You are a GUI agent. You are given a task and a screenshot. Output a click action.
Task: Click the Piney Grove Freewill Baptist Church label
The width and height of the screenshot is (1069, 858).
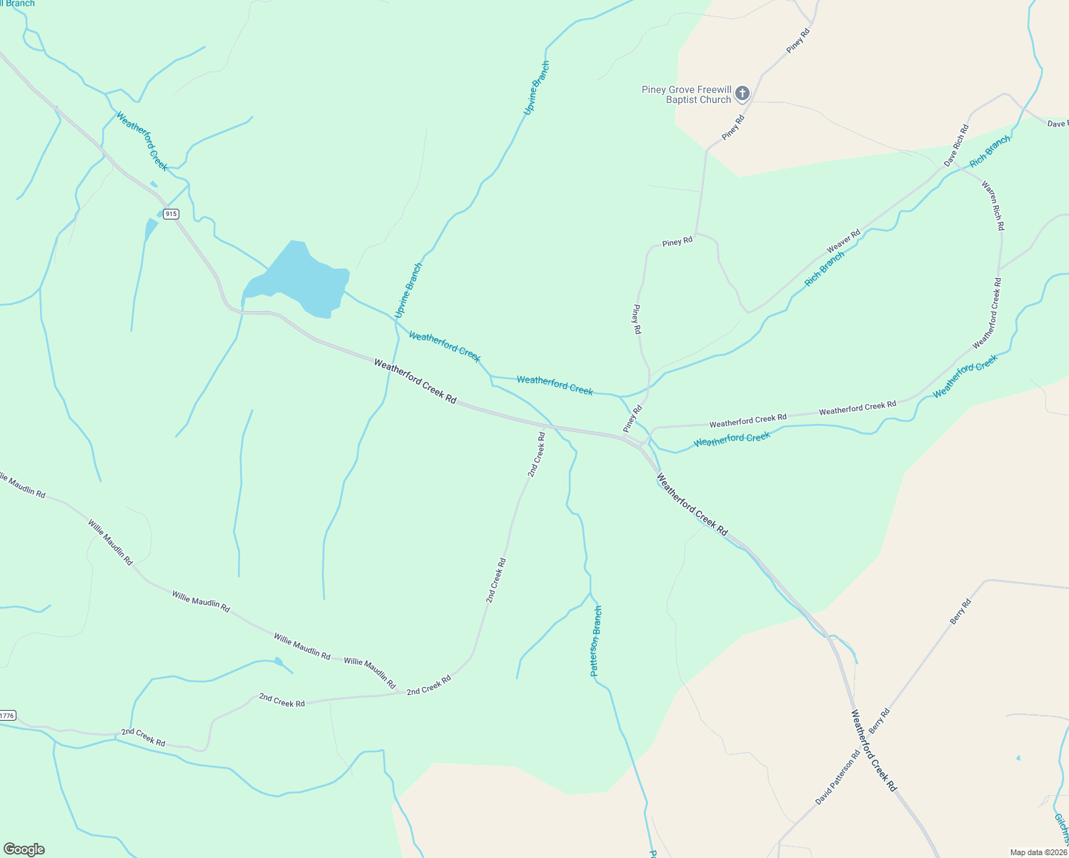pos(686,94)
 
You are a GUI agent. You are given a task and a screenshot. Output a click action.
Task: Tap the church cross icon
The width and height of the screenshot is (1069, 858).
pos(742,93)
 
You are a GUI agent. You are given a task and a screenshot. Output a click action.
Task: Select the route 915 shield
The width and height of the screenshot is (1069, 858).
pos(170,214)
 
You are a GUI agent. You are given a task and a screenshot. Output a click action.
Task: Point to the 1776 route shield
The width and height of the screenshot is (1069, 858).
pos(6,715)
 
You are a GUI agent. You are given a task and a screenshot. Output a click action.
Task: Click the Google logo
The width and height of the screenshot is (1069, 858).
pos(24,849)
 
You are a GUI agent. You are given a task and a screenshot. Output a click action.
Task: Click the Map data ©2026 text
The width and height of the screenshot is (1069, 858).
pos(1038,852)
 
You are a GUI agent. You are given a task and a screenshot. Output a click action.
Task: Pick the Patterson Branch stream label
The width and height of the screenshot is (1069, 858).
pos(596,641)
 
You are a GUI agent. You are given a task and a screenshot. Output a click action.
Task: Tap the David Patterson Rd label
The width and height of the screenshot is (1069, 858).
pos(838,777)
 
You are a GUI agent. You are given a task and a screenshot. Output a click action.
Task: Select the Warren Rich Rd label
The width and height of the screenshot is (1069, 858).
pos(993,205)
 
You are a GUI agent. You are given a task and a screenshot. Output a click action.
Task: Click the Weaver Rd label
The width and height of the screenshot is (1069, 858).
pos(843,241)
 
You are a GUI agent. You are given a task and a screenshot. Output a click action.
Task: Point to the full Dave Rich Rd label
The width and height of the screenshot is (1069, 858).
pos(956,146)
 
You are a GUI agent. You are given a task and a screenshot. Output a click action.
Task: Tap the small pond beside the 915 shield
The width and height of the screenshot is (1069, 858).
pos(150,230)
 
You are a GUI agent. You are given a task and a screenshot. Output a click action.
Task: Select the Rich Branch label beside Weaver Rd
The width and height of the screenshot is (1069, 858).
pos(825,269)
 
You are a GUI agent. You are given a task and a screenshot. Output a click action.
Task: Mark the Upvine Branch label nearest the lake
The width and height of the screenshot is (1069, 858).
pos(408,290)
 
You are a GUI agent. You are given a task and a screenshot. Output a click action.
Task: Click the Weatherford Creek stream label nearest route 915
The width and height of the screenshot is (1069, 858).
pos(141,141)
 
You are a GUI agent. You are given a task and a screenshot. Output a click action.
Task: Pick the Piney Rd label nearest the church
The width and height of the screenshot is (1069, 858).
pos(733,127)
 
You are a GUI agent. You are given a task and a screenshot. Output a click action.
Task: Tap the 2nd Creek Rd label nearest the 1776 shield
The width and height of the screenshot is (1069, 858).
pos(143,737)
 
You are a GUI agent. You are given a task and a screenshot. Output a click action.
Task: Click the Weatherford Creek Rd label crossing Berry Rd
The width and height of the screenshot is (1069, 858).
pos(873,749)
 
